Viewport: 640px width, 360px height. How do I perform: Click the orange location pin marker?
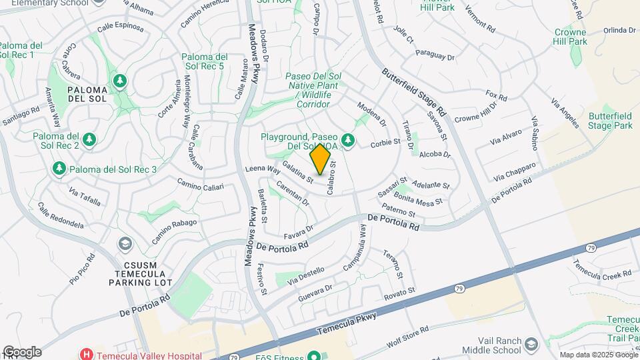click(321, 159)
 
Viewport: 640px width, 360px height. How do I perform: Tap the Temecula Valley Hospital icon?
click(85, 354)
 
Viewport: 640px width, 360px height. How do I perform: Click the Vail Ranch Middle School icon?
click(531, 344)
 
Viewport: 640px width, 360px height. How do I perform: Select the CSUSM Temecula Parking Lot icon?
click(125, 244)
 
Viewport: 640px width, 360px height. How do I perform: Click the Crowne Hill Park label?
click(571, 36)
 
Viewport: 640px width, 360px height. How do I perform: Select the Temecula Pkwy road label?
click(347, 323)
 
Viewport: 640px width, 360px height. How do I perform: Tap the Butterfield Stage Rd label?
click(414, 91)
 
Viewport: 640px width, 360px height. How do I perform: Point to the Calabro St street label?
click(331, 177)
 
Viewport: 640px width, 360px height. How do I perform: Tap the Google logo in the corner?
click(22, 352)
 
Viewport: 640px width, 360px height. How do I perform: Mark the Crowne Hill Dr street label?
click(476, 112)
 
